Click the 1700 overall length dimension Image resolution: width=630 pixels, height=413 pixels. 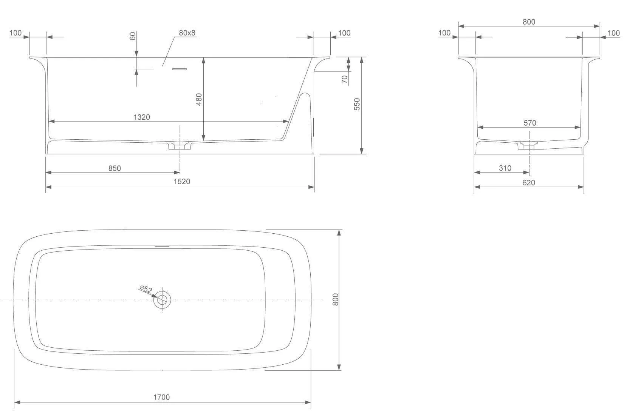tap(161, 397)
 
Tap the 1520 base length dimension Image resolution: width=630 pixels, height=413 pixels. tap(182, 182)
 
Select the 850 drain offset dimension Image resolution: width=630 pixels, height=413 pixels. tap(115, 168)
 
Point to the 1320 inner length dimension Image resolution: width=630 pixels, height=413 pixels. tap(142, 117)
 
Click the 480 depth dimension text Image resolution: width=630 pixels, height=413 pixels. tap(199, 99)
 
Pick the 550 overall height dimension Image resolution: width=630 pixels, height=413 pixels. tap(357, 104)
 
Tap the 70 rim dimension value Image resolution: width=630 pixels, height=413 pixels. tap(344, 79)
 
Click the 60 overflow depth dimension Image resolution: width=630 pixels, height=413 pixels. tap(133, 36)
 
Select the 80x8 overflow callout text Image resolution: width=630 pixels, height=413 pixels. tap(187, 33)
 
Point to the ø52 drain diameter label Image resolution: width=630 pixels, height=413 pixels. tap(146, 290)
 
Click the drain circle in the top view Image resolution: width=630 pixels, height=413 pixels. tap(162, 300)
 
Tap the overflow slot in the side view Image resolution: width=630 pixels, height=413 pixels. tap(180, 69)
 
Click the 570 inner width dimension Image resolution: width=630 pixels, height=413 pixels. tap(530, 123)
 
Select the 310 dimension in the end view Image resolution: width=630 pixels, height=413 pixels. tap(505, 168)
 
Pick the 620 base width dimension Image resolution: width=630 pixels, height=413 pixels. tap(529, 182)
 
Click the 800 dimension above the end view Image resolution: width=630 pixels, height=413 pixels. tap(529, 22)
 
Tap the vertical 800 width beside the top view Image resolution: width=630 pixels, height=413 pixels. tap(336, 299)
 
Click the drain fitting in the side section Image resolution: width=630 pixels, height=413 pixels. tap(180, 145)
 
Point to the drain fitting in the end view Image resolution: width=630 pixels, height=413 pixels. tap(529, 145)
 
